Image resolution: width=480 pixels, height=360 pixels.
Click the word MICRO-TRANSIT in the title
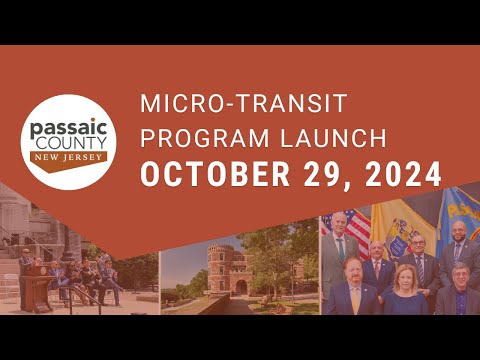coord(244,103)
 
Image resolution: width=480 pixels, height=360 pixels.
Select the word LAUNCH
coord(333,138)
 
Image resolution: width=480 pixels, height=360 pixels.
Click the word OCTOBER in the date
coord(215,174)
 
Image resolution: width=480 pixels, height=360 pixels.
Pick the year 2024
coord(403,174)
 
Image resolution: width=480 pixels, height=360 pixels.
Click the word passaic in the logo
coord(69,129)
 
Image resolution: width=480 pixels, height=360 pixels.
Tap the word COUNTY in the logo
coord(71,143)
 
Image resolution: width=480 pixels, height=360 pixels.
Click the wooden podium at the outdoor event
coord(37,288)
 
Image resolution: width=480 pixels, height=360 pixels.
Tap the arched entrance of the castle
coord(241,287)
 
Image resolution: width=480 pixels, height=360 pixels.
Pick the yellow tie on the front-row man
coord(356,300)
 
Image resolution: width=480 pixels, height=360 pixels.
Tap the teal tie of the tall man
coord(340,249)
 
